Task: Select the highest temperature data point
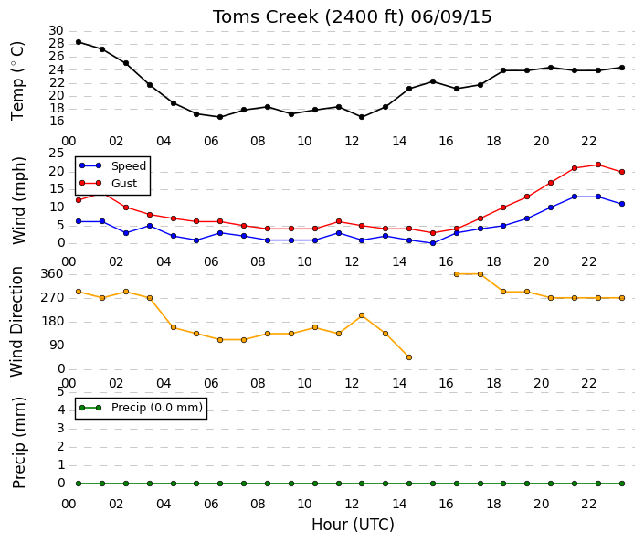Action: point(79,42)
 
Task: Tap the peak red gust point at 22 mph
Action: point(598,165)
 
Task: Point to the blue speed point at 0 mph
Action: point(432,243)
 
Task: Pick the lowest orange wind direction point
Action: point(409,357)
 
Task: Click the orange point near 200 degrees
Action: point(362,315)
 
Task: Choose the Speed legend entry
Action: point(113,166)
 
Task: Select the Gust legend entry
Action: point(109,184)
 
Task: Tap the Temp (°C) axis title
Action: point(17,80)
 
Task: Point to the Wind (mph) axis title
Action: point(18,200)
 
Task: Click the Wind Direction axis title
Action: point(16,322)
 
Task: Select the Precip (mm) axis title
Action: point(18,442)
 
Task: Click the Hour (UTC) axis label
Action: point(353,525)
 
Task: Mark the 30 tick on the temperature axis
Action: point(56,31)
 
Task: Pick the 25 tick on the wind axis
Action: point(57,154)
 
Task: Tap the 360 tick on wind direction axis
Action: point(53,274)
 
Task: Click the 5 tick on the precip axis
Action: point(61,392)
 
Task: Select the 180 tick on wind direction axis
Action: point(53,322)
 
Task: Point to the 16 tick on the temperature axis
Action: point(56,122)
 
